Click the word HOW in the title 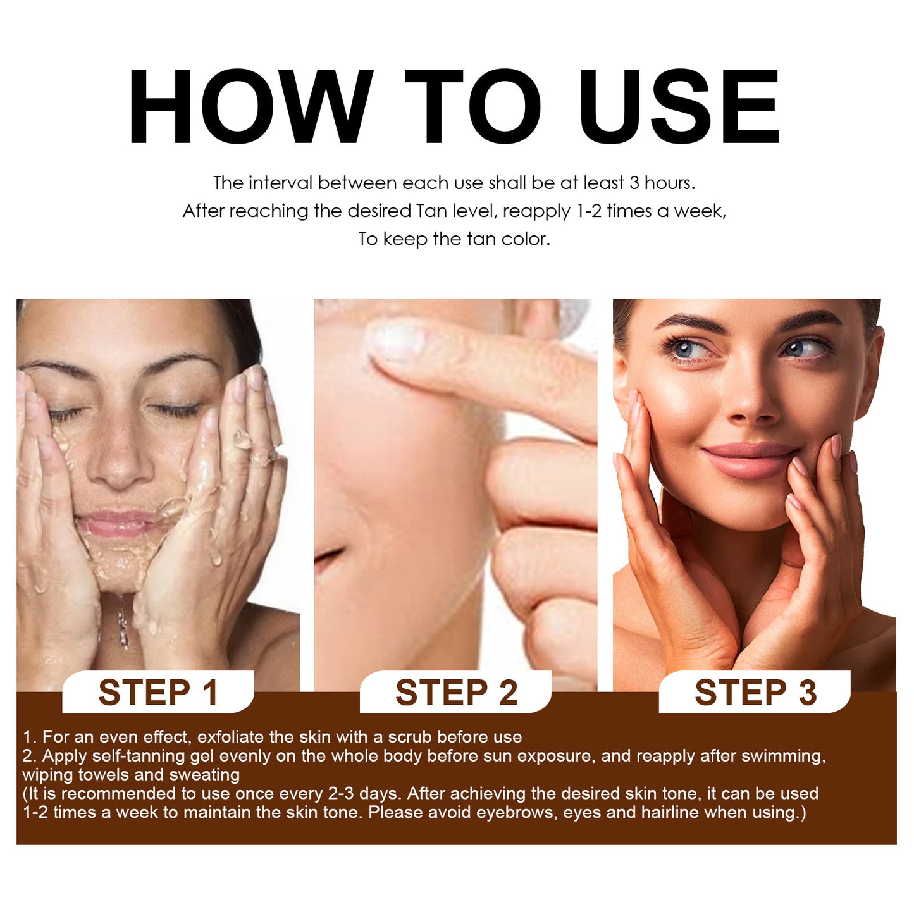click(250, 108)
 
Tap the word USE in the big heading click(679, 108)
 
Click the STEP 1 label click(158, 693)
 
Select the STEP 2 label click(457, 693)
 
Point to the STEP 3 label click(756, 693)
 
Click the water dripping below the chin click(123, 623)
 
